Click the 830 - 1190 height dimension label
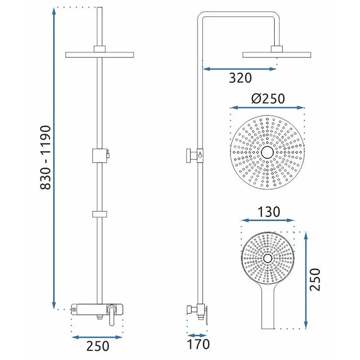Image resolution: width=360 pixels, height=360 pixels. (45, 158)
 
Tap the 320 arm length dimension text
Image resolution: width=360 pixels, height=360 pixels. (240, 78)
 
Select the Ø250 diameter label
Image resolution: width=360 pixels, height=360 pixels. (268, 98)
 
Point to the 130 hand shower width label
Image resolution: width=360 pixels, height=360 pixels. (269, 212)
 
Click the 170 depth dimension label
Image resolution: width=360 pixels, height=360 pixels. (198, 344)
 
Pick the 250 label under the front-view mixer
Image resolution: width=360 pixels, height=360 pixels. (98, 346)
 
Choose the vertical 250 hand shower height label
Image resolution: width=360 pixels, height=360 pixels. (315, 279)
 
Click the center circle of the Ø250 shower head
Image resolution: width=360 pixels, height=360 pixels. (267, 152)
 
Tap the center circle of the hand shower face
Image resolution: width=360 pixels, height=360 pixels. (268, 259)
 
